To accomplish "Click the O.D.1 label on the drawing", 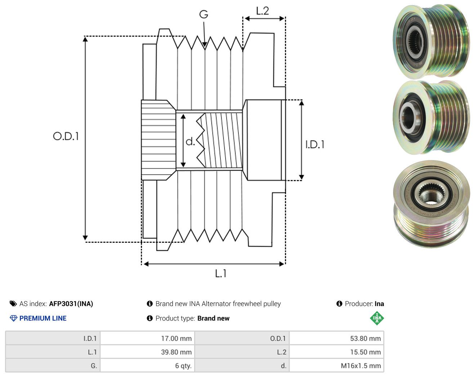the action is point(66,136).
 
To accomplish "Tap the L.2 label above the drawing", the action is point(263,11).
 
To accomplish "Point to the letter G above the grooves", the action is point(204,14).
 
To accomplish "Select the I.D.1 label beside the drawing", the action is point(315,145).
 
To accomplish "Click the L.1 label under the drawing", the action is point(221,273).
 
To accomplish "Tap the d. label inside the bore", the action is point(190,141).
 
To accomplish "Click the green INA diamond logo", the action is point(377,318).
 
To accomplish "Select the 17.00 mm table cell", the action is point(147,338).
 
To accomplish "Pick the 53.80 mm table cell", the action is point(336,338).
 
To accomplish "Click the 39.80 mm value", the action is point(176,352).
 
